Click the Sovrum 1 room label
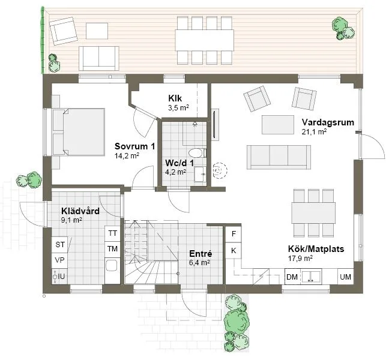click(x=134, y=146)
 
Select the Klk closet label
click(x=175, y=99)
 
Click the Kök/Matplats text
click(x=315, y=249)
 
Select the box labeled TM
click(x=112, y=248)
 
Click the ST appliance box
click(x=59, y=245)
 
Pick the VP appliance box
click(x=59, y=260)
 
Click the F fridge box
click(x=234, y=234)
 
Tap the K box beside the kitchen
click(x=234, y=250)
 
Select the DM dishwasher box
click(x=292, y=277)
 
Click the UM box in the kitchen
click(x=345, y=277)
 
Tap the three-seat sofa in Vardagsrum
click(x=279, y=156)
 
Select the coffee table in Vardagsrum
click(x=278, y=124)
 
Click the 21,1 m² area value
click(x=314, y=131)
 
